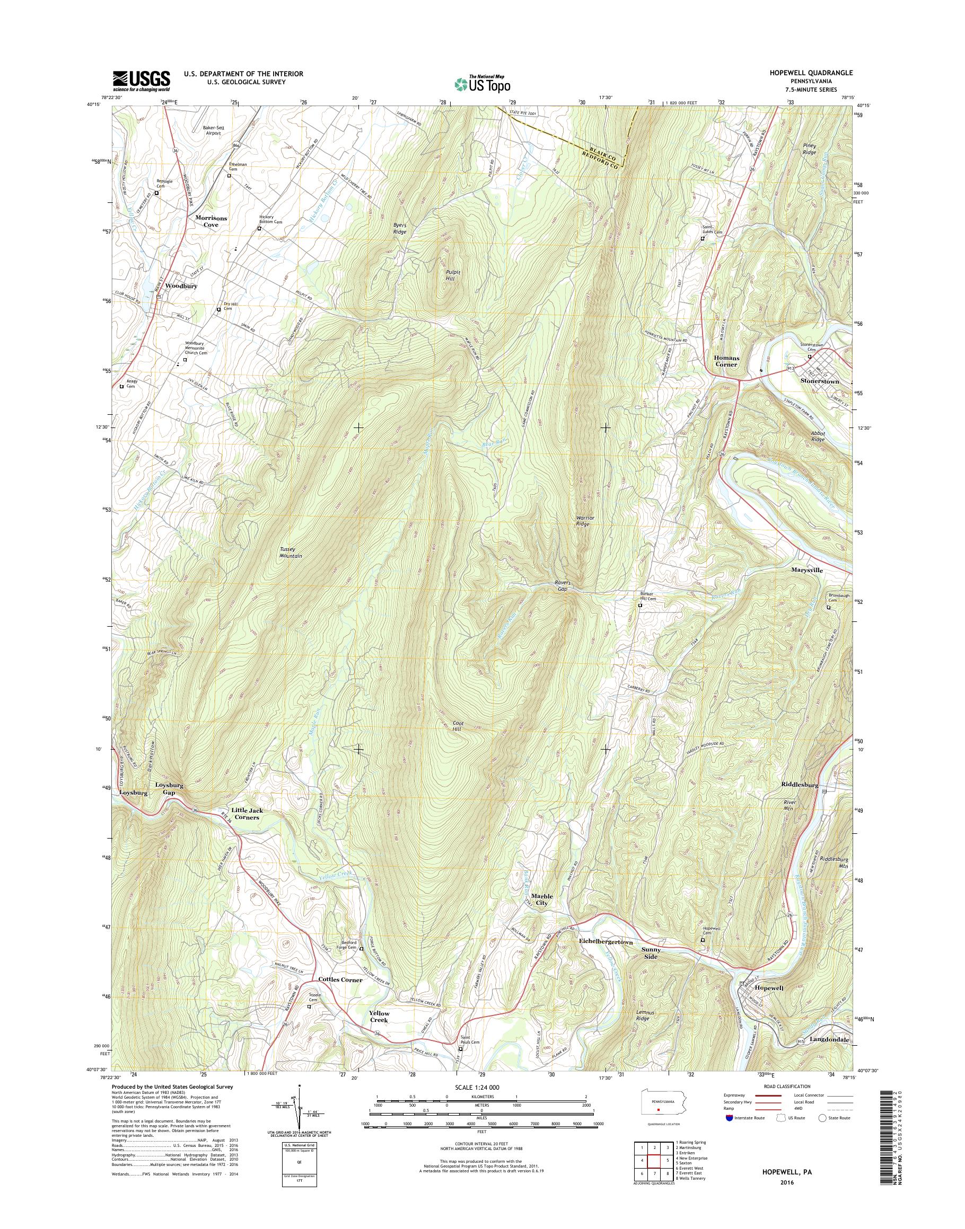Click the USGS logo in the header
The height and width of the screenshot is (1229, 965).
(x=141, y=81)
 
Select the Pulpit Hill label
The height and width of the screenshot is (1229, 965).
(x=453, y=275)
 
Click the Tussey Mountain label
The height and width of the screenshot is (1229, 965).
(x=291, y=552)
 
